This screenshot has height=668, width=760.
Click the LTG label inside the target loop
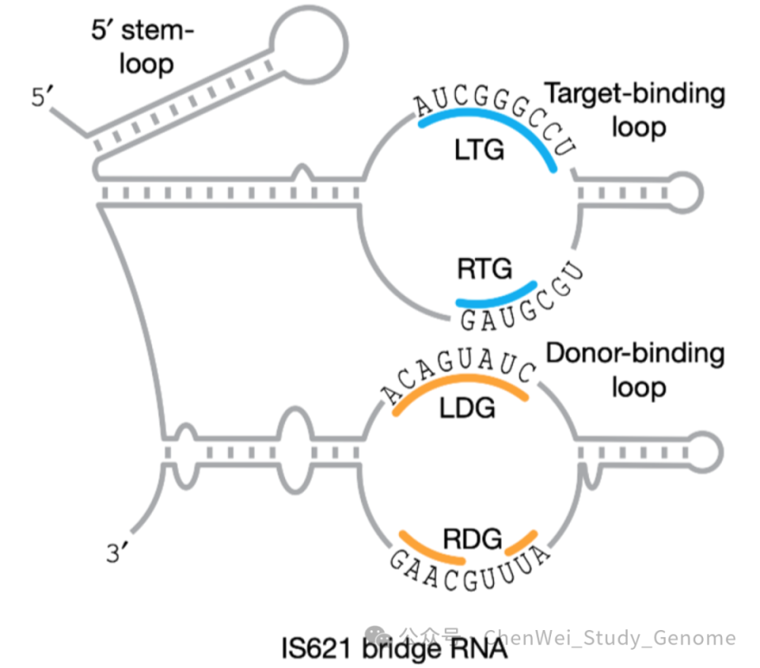[x=480, y=150]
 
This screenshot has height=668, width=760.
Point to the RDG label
[x=473, y=540]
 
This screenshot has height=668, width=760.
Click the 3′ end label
[x=117, y=553]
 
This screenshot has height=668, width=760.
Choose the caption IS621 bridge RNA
[x=393, y=648]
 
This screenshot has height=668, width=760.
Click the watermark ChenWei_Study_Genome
[x=610, y=637]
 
